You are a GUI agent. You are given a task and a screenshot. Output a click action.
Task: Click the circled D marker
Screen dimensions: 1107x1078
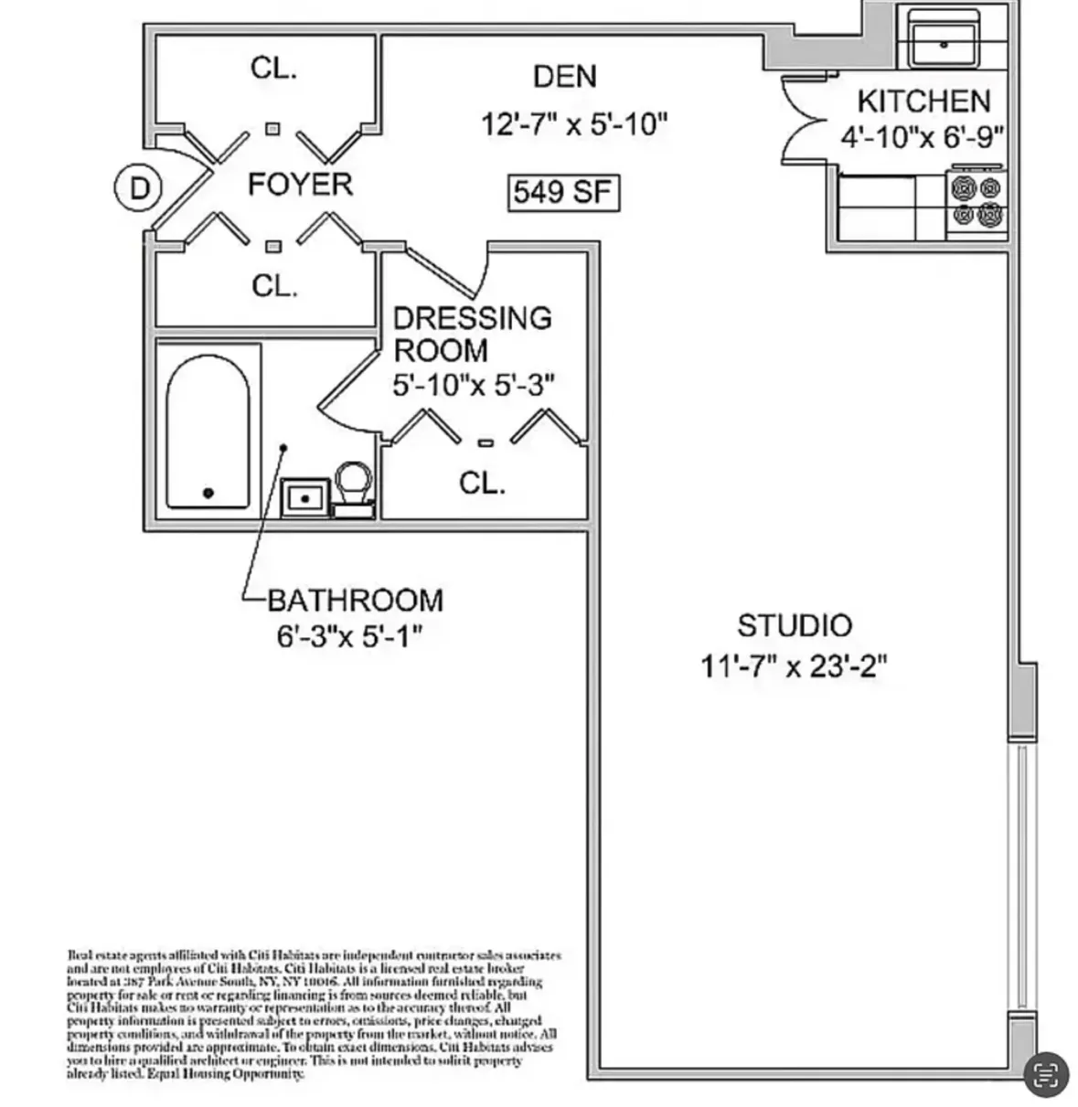click(138, 188)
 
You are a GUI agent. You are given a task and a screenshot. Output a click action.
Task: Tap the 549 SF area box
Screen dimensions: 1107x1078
click(563, 193)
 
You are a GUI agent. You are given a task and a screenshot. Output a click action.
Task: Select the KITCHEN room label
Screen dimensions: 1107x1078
click(923, 101)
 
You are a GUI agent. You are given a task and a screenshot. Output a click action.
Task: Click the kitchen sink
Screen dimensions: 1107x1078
click(943, 40)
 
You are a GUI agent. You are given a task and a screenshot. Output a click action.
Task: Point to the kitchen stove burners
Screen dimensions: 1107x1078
click(977, 202)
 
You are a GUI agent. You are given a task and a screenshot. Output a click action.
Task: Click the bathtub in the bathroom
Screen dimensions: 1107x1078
click(208, 432)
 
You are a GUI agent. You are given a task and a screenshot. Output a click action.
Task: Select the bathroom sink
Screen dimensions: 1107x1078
click(304, 496)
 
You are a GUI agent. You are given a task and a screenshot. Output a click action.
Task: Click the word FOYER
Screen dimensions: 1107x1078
click(300, 185)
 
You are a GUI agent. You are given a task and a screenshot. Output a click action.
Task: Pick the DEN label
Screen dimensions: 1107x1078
click(565, 77)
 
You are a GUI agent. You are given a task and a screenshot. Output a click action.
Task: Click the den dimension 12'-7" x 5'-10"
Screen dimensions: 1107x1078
click(575, 124)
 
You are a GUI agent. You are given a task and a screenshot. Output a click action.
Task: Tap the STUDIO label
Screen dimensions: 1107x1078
click(794, 626)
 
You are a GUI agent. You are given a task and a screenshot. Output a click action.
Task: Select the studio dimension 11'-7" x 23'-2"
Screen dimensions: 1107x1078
click(794, 666)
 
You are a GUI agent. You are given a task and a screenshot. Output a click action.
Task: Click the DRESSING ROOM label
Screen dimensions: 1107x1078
click(472, 334)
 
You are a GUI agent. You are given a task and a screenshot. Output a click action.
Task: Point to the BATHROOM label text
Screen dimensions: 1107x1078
click(355, 601)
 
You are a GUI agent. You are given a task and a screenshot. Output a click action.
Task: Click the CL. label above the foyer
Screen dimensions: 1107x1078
click(273, 69)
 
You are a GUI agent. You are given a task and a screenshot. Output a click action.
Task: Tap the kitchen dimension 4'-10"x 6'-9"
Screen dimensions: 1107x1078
click(922, 137)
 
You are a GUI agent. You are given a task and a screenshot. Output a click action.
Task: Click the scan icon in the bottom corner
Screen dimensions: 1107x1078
click(1044, 1074)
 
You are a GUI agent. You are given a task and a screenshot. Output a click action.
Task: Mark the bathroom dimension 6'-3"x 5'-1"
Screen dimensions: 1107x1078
click(349, 635)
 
